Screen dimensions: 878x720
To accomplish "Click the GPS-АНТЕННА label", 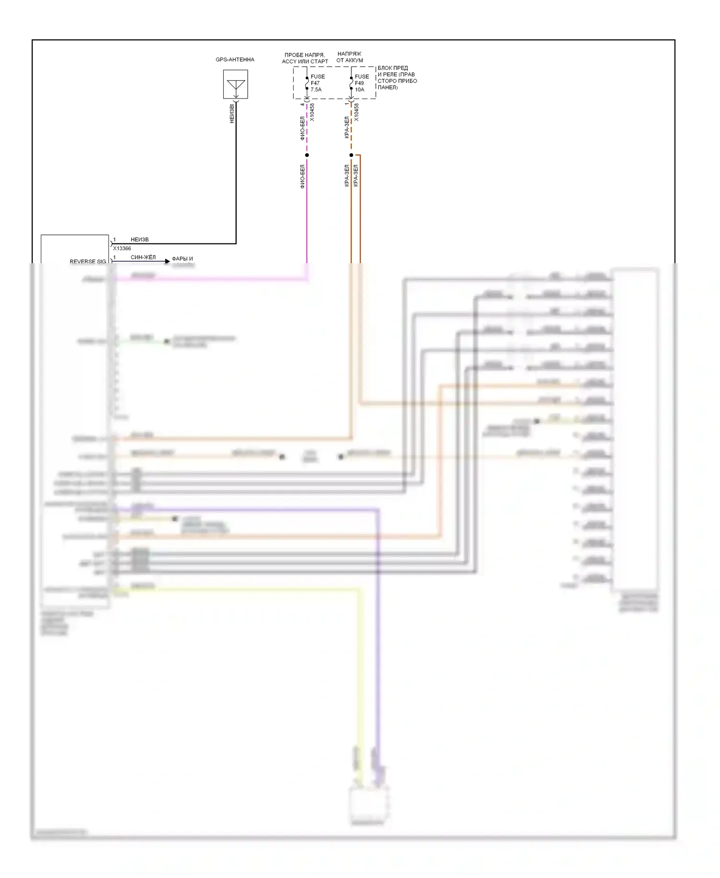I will (x=235, y=60).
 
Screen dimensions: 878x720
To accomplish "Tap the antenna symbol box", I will (x=236, y=84).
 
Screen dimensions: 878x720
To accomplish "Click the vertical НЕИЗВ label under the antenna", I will (x=232, y=113).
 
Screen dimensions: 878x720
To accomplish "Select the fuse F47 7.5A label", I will (x=317, y=83).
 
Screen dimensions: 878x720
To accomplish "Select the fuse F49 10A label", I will (x=361, y=83).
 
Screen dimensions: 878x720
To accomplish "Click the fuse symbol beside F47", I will (x=307, y=83).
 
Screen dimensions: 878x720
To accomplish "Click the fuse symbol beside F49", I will (x=351, y=83).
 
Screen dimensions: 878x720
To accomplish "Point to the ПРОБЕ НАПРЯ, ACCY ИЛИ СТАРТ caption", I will (x=305, y=58).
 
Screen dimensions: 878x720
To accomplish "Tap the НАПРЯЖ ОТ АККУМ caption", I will (x=349, y=57).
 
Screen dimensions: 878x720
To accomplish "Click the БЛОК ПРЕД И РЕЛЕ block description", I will (x=397, y=78).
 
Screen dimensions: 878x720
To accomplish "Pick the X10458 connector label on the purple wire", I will (x=312, y=112).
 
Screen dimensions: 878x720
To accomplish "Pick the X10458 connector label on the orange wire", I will (x=357, y=112).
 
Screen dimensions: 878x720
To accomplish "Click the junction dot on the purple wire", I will (x=307, y=155).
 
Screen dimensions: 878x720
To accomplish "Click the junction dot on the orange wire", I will (x=351, y=155).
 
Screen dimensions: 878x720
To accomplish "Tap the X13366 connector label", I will (x=122, y=248).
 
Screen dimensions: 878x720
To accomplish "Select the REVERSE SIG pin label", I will (x=88, y=262).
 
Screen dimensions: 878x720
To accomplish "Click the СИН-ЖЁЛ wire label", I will (x=143, y=257).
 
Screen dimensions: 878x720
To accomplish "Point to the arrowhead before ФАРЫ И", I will (x=167, y=261).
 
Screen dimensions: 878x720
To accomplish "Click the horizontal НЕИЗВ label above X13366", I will (x=140, y=240).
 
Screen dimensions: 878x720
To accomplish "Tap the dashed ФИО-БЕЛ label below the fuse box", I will (x=302, y=128).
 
